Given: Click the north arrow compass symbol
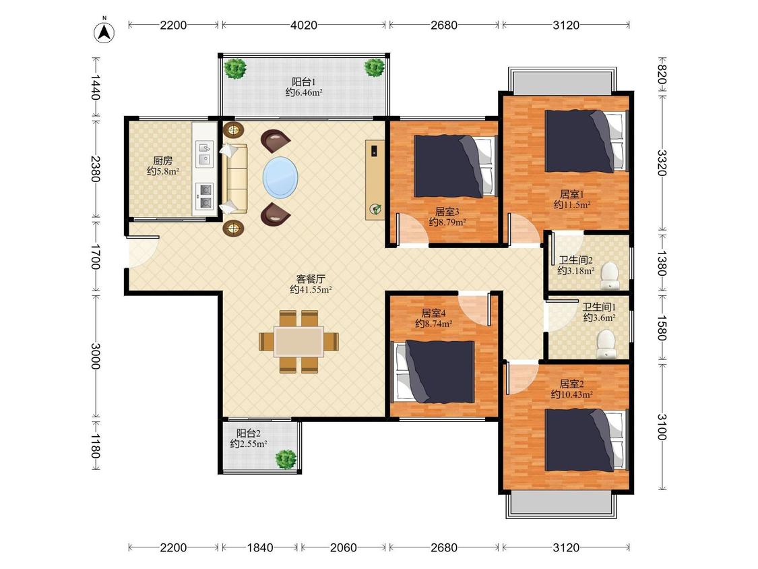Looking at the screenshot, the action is click(x=104, y=32).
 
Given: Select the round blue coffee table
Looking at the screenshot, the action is click(x=280, y=177).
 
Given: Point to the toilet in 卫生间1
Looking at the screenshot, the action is click(x=605, y=344).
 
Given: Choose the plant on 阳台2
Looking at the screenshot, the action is click(x=286, y=458).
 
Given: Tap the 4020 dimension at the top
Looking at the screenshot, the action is click(x=304, y=25).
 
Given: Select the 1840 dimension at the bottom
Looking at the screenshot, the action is click(x=260, y=547).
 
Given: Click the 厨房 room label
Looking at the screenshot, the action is click(x=162, y=160).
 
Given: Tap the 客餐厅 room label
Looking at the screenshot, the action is click(x=311, y=279).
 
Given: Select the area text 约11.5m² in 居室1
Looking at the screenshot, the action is click(x=572, y=205).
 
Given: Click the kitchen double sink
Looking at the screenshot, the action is click(x=204, y=154).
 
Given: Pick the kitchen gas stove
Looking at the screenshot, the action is click(x=204, y=196).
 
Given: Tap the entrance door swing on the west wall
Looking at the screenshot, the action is click(x=142, y=251).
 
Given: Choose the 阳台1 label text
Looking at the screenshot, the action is click(x=304, y=82).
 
